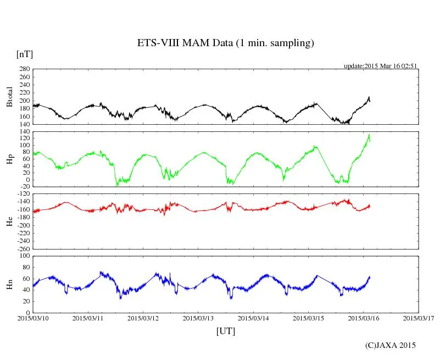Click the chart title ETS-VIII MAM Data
coord(225,43)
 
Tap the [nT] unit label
coord(25,54)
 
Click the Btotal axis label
coord(9,97)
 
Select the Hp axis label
coord(9,159)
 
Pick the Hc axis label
coord(9,221)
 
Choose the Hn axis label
coord(9,284)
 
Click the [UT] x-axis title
coord(226,331)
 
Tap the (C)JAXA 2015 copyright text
coord(391,345)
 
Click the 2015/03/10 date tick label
coord(33,318)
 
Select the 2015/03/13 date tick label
coord(198,318)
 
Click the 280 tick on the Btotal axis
coord(24,69)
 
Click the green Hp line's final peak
coord(369,135)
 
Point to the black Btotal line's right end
coord(370,101)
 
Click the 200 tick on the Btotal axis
coord(24,101)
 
